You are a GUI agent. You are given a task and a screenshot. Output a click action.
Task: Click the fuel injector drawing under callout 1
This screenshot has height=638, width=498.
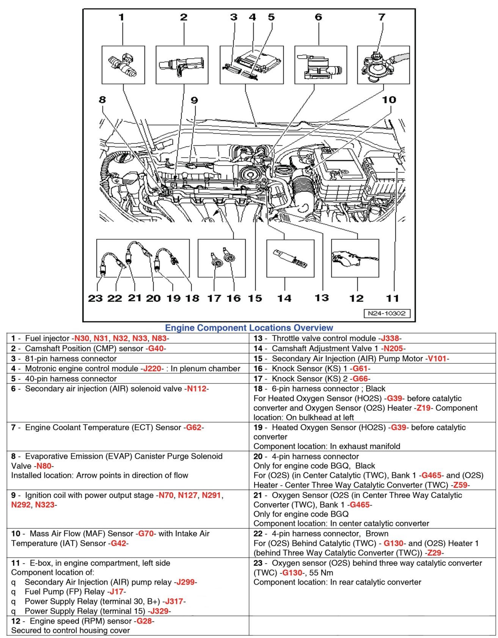pos(123,65)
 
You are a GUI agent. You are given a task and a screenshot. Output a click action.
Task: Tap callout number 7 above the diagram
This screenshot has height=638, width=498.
pos(382,17)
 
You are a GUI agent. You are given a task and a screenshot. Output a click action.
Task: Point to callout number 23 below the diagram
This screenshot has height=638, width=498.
pos(95,298)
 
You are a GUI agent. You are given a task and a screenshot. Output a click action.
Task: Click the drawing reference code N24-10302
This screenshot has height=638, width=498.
pos(386,313)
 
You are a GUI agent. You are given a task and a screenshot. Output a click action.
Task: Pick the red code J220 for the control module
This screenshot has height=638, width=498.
pos(152,368)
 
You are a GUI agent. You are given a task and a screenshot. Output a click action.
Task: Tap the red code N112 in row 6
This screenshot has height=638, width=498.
pos(196,388)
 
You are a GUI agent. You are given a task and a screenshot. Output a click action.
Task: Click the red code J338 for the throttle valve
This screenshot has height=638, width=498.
pos(390,338)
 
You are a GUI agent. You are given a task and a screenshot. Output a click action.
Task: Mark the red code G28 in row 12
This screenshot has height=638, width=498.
pos(144,621)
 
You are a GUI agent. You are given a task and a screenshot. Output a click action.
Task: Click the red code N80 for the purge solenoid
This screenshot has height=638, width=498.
pos(44,466)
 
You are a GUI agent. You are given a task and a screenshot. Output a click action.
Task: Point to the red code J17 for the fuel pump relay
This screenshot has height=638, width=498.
pos(116,592)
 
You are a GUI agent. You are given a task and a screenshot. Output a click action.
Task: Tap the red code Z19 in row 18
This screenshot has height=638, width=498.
pos(423,408)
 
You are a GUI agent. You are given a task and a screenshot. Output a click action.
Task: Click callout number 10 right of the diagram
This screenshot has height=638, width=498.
pos(389,100)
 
